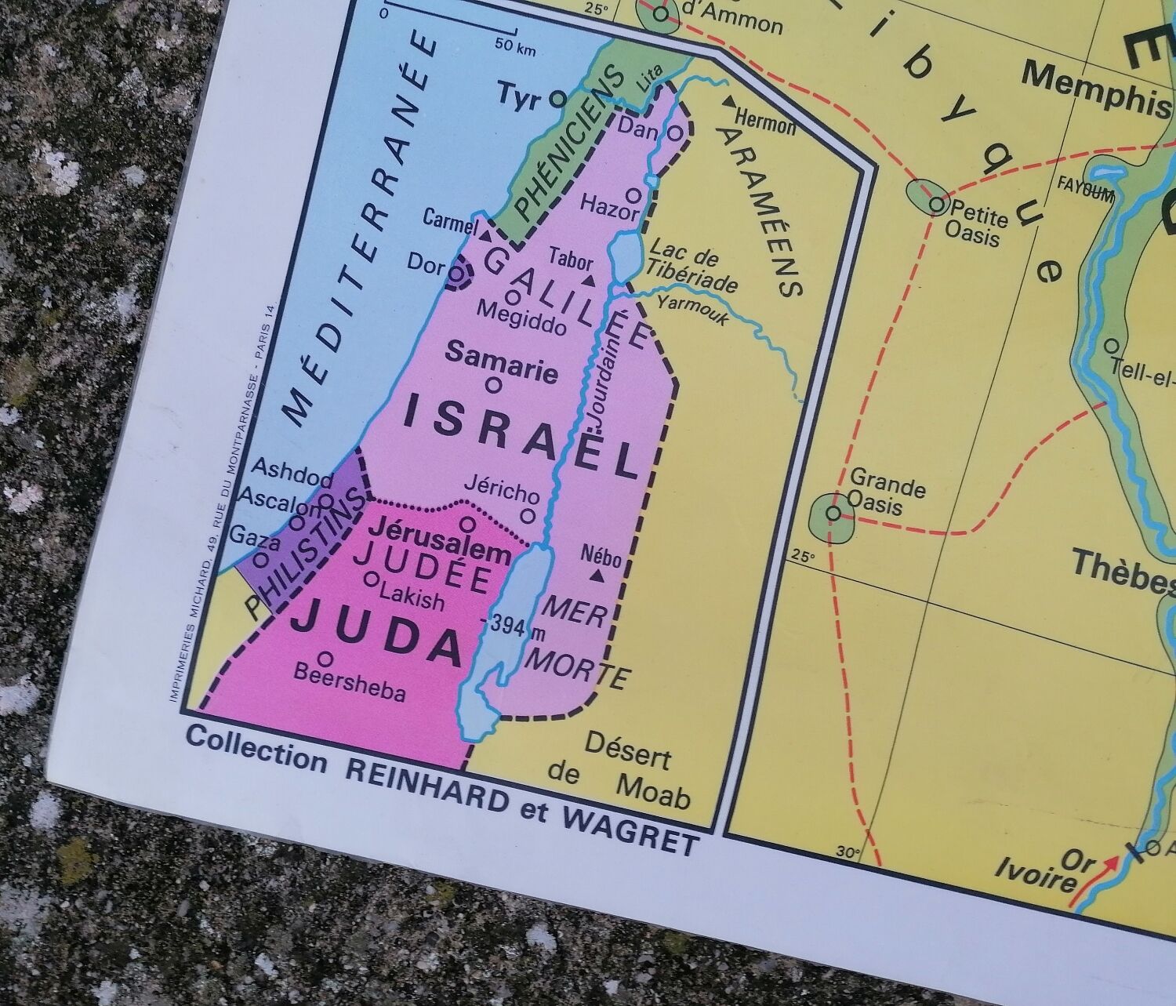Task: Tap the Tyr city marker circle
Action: click(557, 99)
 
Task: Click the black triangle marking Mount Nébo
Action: click(597, 577)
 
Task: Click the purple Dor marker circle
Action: click(458, 274)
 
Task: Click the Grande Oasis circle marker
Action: click(834, 514)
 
